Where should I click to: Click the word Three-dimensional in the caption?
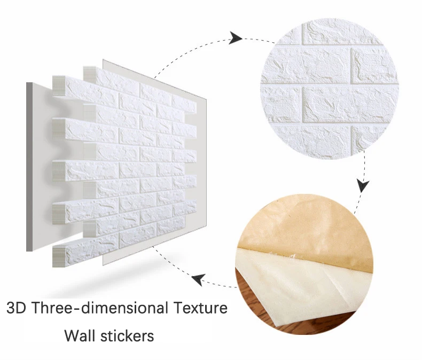pos(101,308)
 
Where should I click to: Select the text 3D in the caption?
pos(17,308)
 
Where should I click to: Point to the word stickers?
pos(127,335)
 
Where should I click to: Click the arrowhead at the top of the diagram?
pos(236,38)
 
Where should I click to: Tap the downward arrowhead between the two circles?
pos(363,185)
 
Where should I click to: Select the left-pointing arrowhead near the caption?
pos(199,279)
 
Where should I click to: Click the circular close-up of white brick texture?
pos(330,89)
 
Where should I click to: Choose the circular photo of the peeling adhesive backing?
pos(304,264)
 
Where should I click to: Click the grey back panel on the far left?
pos(29,167)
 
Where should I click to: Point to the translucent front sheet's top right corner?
pos(207,99)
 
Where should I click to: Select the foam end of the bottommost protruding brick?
pos(59,256)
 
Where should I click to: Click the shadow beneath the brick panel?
pos(113,280)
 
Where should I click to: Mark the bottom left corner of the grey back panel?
pos(26,251)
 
